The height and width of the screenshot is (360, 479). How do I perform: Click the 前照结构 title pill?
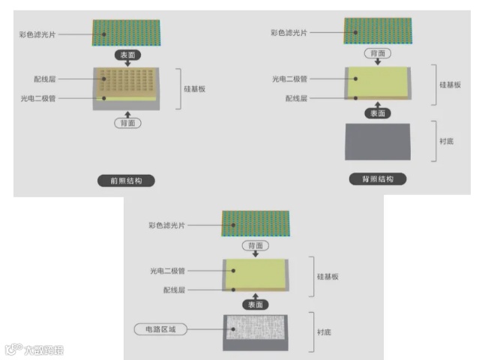click(x=126, y=180)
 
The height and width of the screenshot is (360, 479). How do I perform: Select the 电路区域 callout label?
click(x=161, y=329)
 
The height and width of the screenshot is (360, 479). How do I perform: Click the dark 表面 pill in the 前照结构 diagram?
click(x=126, y=55)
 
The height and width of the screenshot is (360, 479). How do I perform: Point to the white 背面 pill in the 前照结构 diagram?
click(x=126, y=123)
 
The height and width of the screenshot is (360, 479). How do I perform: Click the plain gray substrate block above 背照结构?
click(x=377, y=141)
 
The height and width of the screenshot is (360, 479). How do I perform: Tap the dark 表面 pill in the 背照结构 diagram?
click(x=377, y=113)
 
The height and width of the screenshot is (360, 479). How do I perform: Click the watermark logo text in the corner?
click(x=34, y=349)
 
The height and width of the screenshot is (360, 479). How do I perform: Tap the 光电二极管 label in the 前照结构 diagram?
click(x=43, y=98)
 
